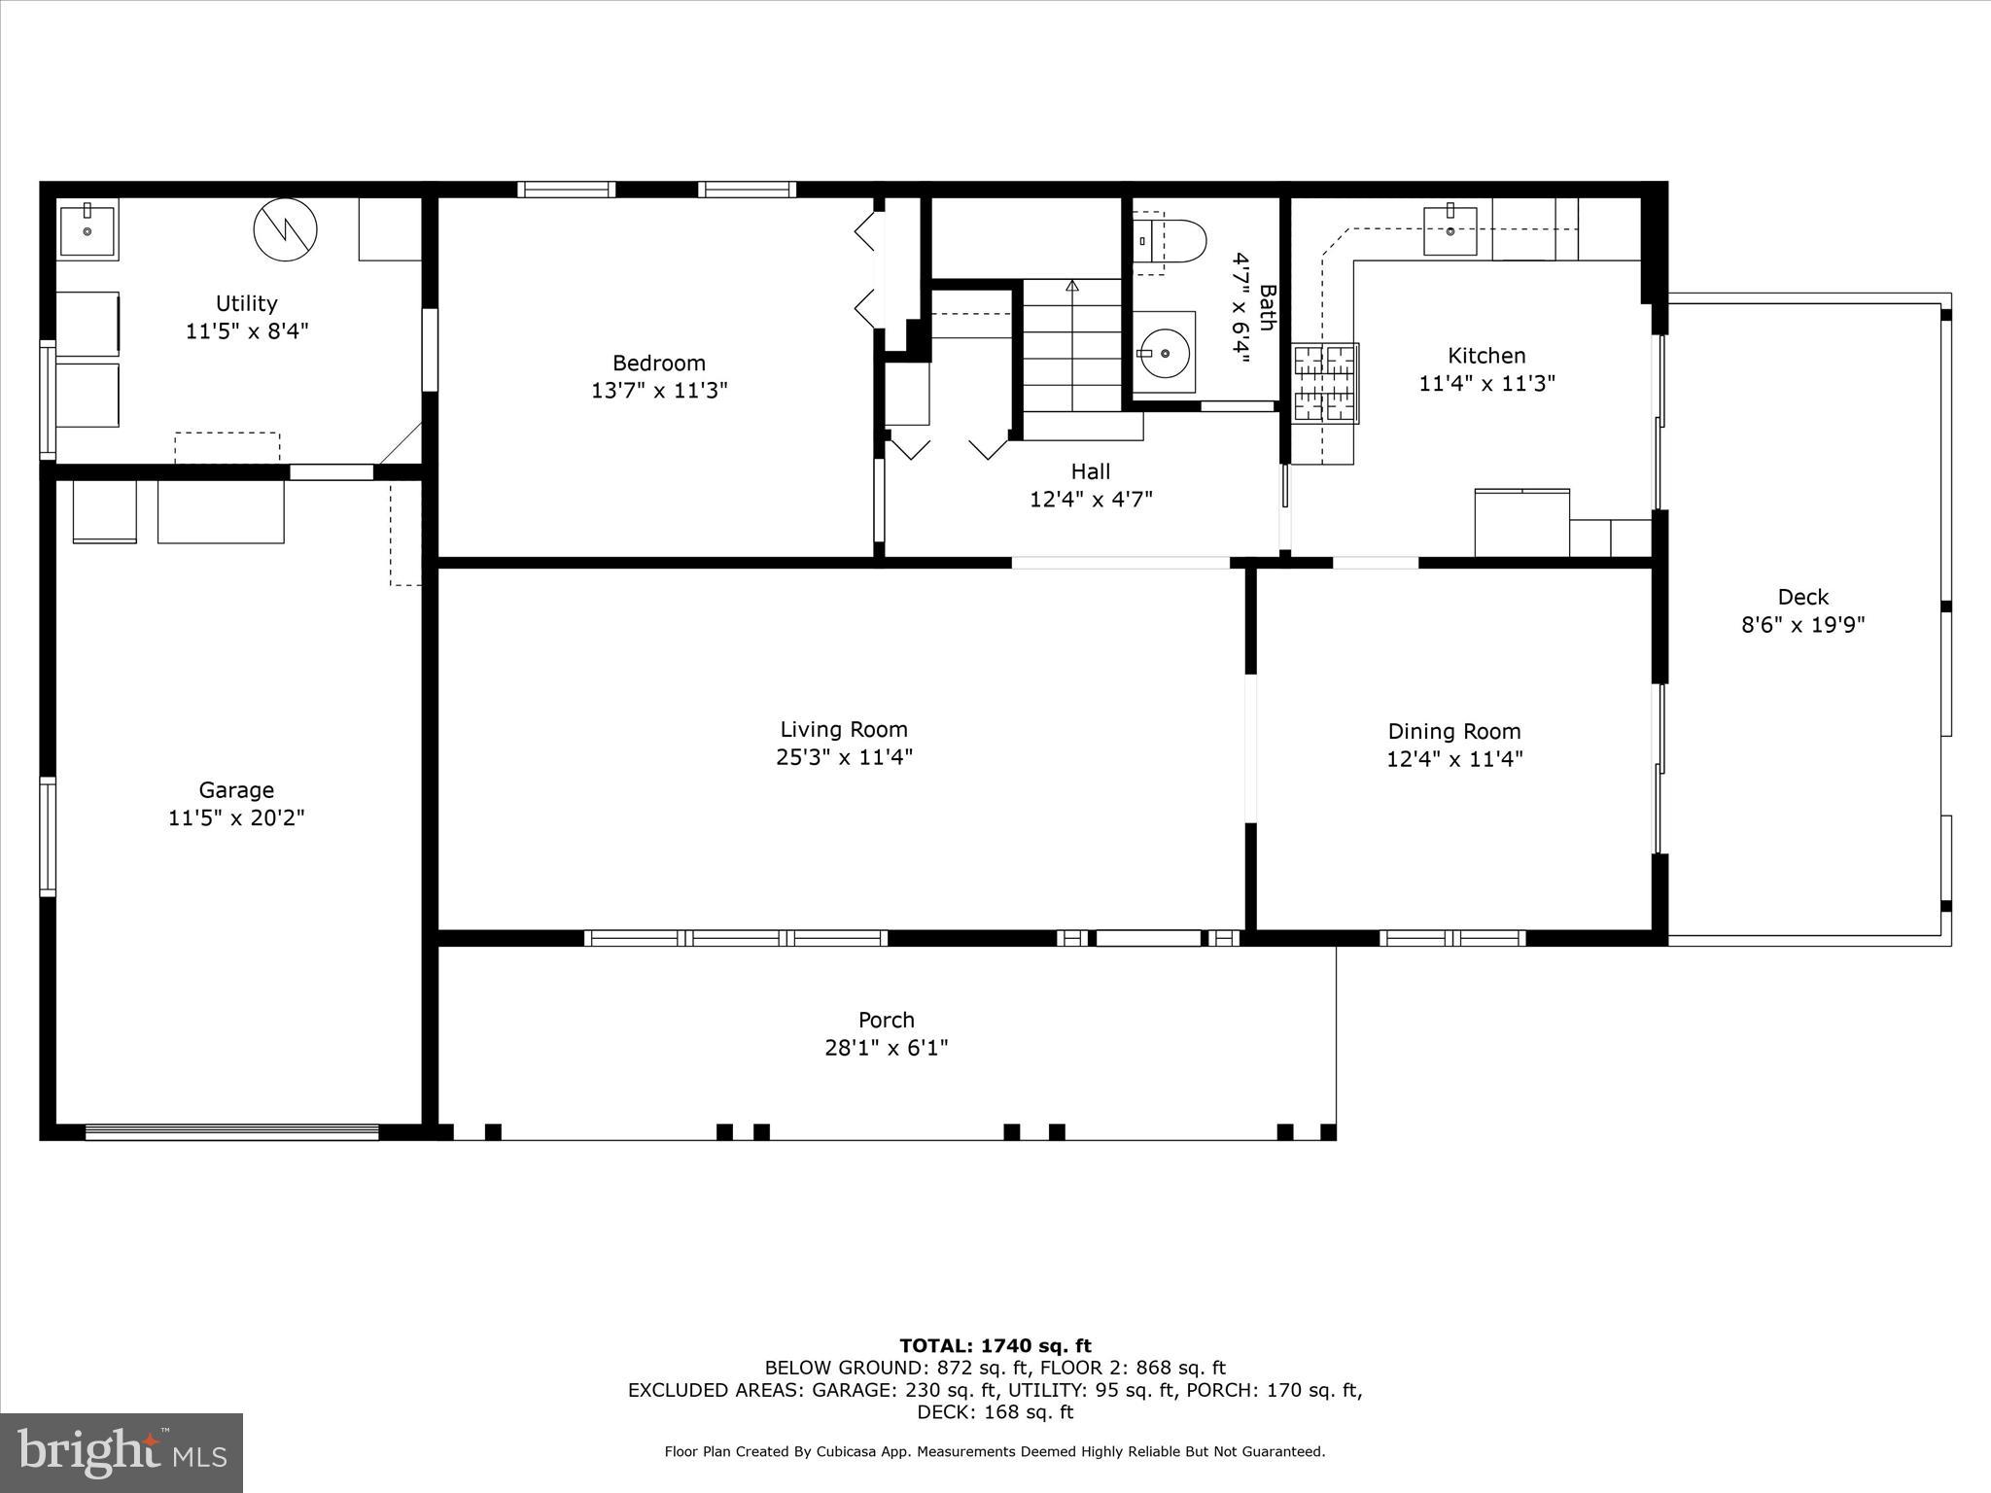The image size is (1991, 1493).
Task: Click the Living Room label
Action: (x=843, y=729)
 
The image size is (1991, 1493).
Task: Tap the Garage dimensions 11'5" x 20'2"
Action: (x=236, y=817)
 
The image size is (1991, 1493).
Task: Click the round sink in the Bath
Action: (x=1164, y=353)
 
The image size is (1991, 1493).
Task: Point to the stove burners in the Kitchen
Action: (x=1325, y=384)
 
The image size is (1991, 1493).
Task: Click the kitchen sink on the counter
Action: (x=1450, y=230)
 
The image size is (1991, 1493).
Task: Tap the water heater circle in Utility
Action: (x=285, y=230)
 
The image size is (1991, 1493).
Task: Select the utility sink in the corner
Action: (x=87, y=229)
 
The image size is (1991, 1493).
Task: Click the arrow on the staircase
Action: (x=1072, y=286)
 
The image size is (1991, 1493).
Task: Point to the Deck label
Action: (x=1802, y=597)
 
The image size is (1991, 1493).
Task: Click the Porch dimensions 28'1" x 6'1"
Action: (x=886, y=1048)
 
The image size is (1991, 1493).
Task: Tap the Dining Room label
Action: (x=1453, y=731)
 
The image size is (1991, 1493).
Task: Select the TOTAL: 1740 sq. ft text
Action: (x=995, y=1345)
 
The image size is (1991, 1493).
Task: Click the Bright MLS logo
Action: (x=122, y=1452)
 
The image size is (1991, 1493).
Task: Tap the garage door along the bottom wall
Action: (x=231, y=1131)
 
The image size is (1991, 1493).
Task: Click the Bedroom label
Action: (x=658, y=363)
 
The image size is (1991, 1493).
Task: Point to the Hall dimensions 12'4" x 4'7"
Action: (x=1091, y=499)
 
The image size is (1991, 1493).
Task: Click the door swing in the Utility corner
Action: (x=401, y=443)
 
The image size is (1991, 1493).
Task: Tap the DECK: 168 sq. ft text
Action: (x=995, y=1411)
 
